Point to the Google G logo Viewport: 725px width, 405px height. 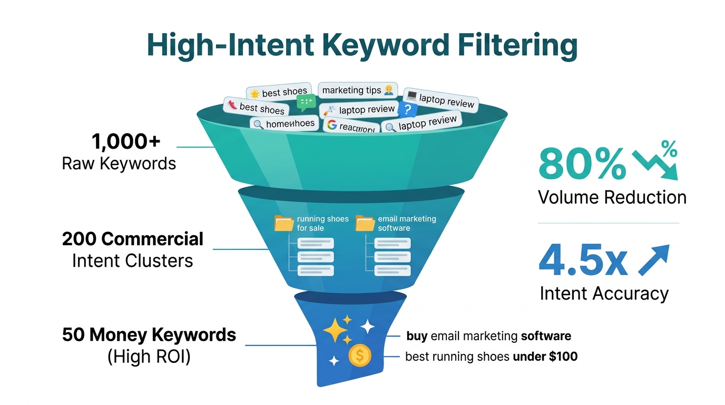click(x=331, y=125)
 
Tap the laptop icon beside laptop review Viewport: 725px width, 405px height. click(x=412, y=97)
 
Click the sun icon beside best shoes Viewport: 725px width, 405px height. click(x=254, y=94)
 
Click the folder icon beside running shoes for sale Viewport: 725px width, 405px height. click(x=284, y=223)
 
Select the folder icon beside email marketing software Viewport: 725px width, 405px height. click(x=365, y=223)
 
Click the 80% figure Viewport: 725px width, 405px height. click(x=582, y=163)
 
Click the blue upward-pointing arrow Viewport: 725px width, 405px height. click(x=654, y=260)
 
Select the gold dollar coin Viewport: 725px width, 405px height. click(x=360, y=355)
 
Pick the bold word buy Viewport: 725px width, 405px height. click(x=417, y=336)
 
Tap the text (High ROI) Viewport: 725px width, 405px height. click(x=149, y=357)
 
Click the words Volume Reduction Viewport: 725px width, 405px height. click(x=612, y=197)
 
